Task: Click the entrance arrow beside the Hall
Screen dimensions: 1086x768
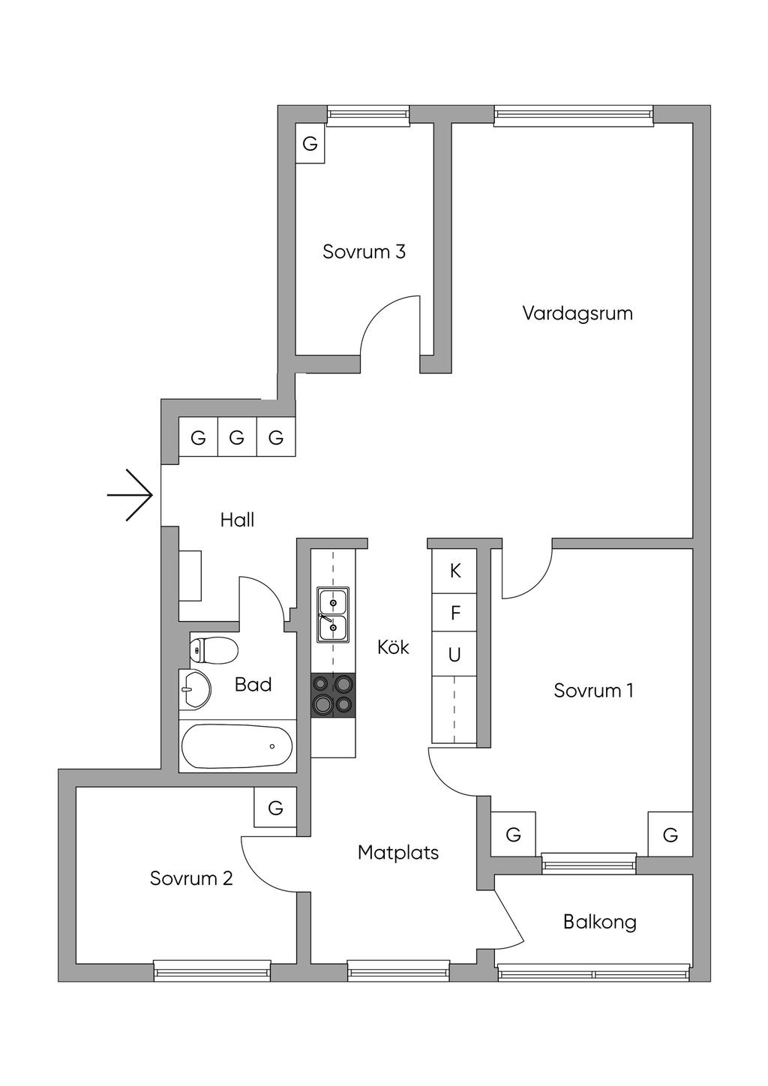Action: [131, 495]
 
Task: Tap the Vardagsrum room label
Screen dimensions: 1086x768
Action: [577, 313]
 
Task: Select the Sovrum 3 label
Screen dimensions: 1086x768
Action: [364, 251]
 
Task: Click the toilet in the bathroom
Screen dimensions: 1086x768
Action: [215, 650]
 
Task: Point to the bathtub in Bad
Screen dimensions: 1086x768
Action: [237, 746]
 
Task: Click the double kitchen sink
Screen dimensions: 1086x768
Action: [333, 614]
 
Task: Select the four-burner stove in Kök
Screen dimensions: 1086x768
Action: [333, 694]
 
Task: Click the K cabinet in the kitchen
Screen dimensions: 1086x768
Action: [454, 571]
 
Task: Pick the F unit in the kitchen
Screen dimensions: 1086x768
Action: [454, 613]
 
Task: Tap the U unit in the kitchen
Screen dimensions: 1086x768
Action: [454, 655]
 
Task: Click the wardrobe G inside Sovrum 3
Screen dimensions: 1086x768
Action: [310, 143]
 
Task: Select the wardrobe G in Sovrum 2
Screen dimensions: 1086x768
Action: [275, 808]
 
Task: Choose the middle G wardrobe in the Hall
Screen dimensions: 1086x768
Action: [237, 437]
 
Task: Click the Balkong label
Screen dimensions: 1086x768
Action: [599, 921]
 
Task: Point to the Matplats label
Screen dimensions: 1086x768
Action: [398, 852]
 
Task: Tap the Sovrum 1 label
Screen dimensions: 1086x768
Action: [593, 690]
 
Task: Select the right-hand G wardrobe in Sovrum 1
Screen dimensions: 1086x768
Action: [670, 834]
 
